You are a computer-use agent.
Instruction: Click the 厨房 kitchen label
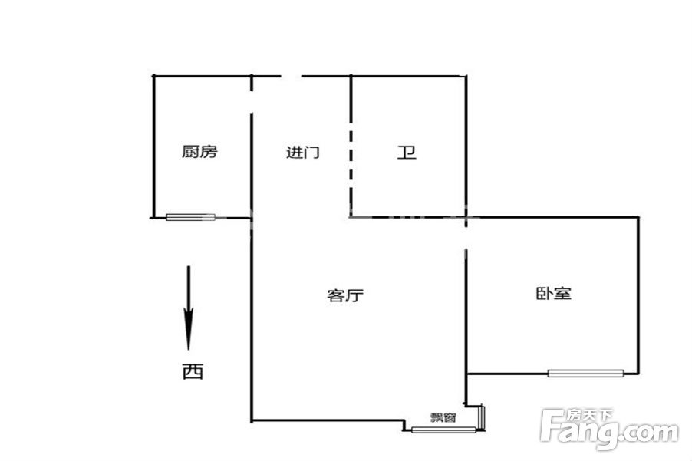[199, 151]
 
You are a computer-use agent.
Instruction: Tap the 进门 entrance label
[303, 153]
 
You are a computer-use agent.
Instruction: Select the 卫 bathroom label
[407, 153]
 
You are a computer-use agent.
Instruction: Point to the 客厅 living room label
[345, 295]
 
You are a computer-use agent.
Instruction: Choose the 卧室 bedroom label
[553, 293]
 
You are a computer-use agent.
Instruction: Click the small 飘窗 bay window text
[443, 417]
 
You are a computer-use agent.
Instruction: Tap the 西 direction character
[193, 371]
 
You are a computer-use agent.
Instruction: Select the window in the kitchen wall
[191, 217]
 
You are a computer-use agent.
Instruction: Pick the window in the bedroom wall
[585, 374]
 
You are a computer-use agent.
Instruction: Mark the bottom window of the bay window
[443, 430]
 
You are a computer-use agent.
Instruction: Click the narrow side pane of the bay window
[482, 417]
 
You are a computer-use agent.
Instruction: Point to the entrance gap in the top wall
[292, 76]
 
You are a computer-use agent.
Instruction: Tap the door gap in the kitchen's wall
[252, 102]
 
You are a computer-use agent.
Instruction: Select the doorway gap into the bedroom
[466, 239]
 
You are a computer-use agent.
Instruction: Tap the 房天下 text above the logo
[590, 416]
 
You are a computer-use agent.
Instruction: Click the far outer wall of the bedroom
[638, 295]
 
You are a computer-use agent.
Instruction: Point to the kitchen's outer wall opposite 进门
[153, 147]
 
